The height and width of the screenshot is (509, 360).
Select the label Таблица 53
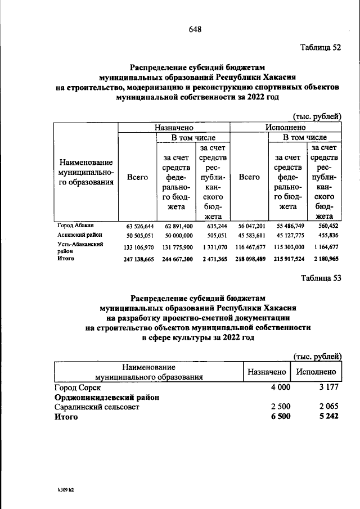pyautogui.click(x=321, y=278)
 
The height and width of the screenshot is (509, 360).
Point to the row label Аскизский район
pyautogui.click(x=78, y=235)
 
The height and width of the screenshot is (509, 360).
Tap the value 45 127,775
pyautogui.click(x=287, y=235)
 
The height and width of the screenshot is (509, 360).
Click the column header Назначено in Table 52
pyautogui.click(x=174, y=128)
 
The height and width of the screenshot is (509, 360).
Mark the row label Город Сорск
pyautogui.click(x=77, y=388)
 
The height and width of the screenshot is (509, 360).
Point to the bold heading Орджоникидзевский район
pyautogui.click(x=106, y=397)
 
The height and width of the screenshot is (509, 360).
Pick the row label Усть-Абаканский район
pyautogui.click(x=78, y=247)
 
